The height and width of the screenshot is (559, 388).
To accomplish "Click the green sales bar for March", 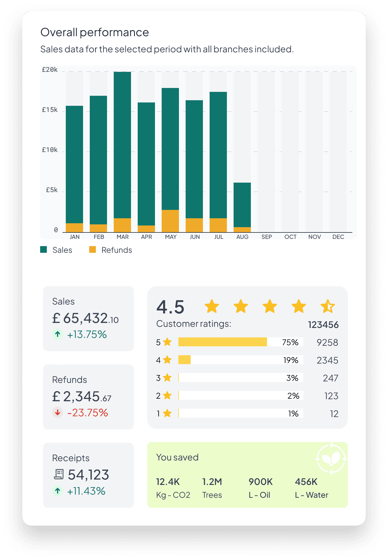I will (x=122, y=145).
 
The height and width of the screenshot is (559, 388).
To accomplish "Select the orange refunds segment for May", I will (x=170, y=221).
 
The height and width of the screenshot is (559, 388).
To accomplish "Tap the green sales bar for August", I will (x=242, y=205).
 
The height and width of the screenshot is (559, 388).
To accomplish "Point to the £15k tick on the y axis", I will (x=50, y=110).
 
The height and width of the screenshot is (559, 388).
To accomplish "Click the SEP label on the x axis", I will (x=266, y=237).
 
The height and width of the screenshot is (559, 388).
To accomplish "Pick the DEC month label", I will (x=338, y=237).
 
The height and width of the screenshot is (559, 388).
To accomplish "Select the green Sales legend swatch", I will (x=43, y=249).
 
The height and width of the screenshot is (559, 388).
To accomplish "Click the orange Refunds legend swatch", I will (x=93, y=249).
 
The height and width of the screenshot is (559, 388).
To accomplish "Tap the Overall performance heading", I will (x=95, y=32).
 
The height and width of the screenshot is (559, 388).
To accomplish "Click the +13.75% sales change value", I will (x=87, y=334).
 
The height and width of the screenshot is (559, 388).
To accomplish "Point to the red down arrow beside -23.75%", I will (x=58, y=412).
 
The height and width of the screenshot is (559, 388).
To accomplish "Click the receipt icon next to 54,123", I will (x=59, y=474).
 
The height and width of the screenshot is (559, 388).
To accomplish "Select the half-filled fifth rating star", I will (x=328, y=307).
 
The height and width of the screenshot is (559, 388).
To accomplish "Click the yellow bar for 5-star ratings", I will (x=222, y=342).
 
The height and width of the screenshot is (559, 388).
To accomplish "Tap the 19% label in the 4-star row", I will (x=291, y=360).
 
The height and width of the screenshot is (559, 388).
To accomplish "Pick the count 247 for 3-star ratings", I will (x=330, y=378).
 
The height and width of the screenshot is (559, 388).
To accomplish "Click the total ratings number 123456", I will (x=323, y=325).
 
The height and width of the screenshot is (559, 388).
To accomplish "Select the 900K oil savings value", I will (x=261, y=482).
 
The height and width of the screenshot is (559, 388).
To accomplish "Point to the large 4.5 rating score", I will (x=170, y=307).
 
